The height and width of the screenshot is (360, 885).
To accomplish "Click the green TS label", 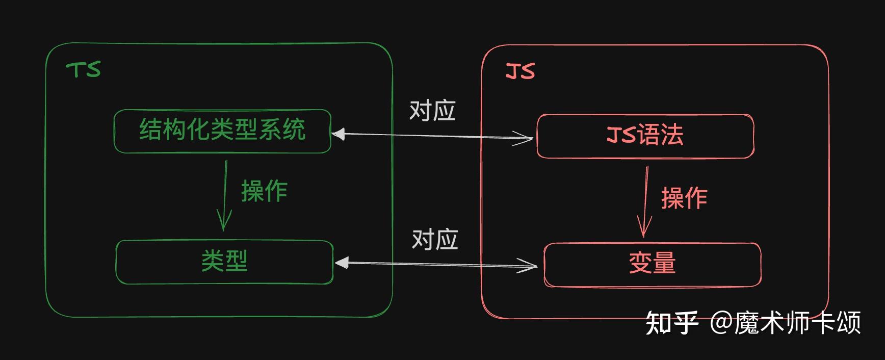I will pos(84,70).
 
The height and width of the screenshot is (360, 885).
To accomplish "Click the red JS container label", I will pos(520,71).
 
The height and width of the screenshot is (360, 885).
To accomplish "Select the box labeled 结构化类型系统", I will pos(222,131).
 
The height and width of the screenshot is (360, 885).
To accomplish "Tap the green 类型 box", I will pos(224,262).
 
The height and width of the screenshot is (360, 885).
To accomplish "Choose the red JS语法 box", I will pos(645,136).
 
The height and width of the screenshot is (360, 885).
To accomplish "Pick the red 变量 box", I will pos(652,264).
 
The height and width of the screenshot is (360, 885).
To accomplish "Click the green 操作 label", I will pos(264,191).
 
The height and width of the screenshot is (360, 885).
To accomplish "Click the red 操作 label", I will pos(684,198).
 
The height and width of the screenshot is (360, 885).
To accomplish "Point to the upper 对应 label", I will pos(432,110).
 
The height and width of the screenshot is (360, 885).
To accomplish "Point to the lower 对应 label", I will pos(435,239).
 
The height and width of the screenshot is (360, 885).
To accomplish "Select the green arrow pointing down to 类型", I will pos(224,196).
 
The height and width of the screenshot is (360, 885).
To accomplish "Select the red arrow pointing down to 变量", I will pos(645,201).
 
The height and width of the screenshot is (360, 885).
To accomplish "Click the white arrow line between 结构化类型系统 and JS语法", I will pos(433,136).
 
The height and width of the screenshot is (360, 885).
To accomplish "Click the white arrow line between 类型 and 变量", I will pos(433,264).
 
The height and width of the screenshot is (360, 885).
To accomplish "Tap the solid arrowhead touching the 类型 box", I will pos(341,263).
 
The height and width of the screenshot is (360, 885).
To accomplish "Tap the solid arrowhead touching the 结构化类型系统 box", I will pos(339,134).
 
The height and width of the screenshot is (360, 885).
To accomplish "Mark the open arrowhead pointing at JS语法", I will pos(525,138).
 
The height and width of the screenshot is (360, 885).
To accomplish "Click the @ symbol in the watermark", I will pos(721,323).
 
